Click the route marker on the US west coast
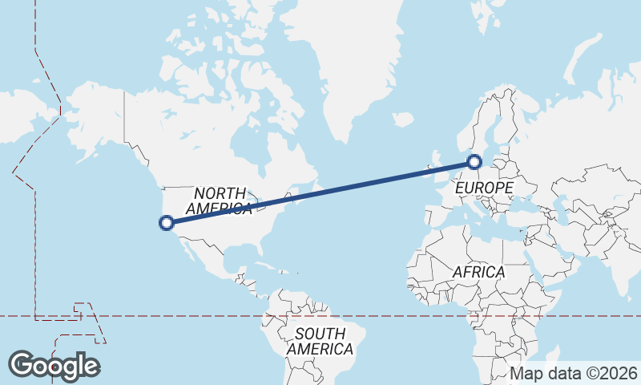coord(167,223)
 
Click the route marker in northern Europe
coord(474,163)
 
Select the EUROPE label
coord(484,188)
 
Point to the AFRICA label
coord(478,272)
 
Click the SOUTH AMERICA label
coord(320,341)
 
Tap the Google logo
coord(54,366)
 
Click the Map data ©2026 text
coord(574,373)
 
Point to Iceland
coord(403,120)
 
